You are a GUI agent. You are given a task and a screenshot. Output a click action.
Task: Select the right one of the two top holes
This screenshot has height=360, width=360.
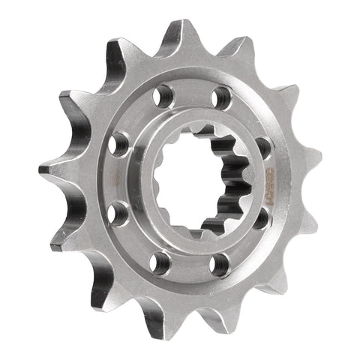click(x=221, y=98)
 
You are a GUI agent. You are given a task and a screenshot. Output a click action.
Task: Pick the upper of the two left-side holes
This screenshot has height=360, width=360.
click(x=119, y=142)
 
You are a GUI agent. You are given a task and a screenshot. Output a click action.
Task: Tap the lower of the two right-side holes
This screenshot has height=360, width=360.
click(x=259, y=220)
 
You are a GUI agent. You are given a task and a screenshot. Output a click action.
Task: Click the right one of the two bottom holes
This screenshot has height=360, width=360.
click(x=218, y=263)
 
